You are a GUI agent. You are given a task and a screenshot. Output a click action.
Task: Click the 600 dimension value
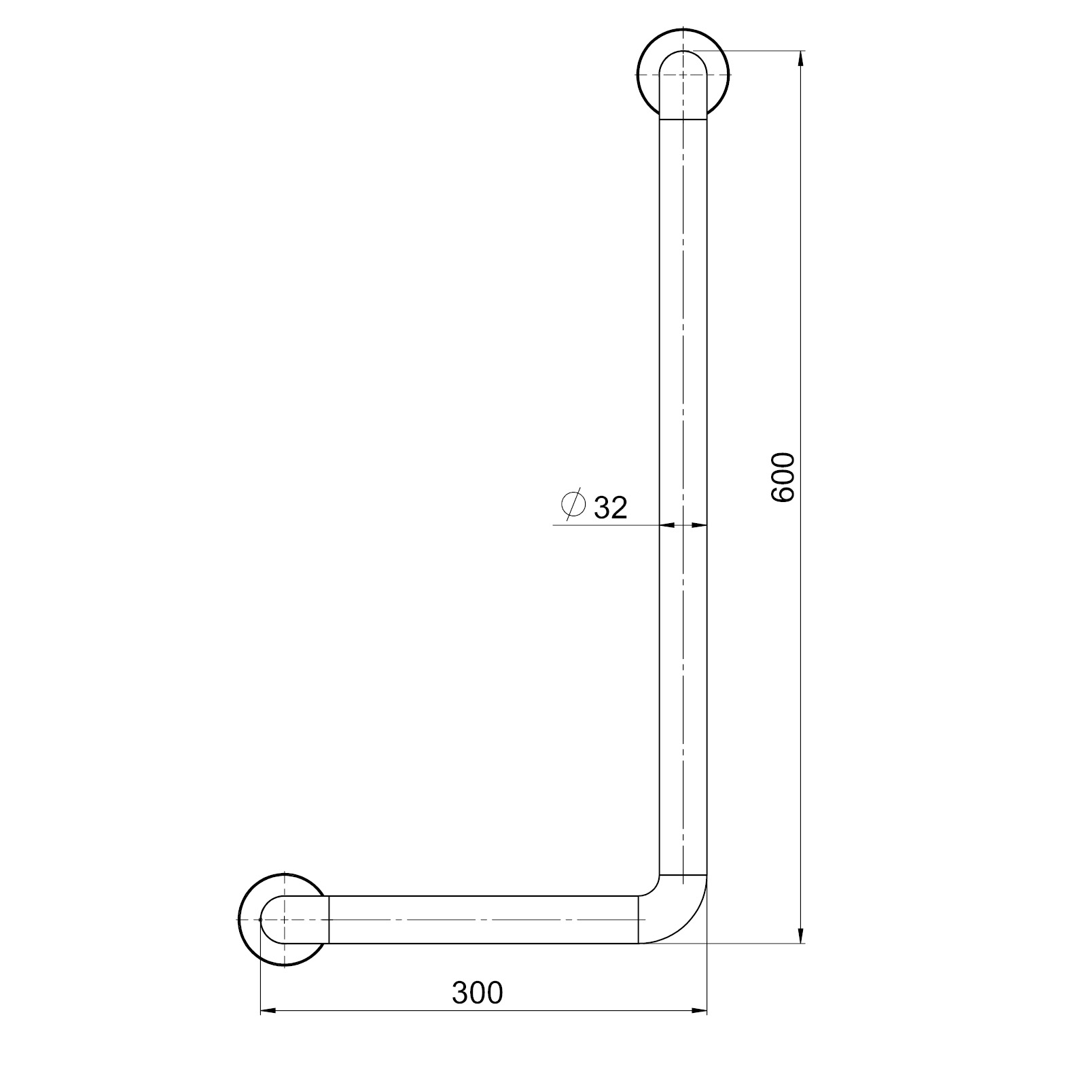tap(783, 477)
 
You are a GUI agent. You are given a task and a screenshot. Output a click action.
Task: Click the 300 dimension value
tap(478, 993)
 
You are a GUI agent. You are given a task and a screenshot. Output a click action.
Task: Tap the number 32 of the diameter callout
tap(611, 507)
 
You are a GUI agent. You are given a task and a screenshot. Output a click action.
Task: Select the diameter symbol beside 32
tap(573, 504)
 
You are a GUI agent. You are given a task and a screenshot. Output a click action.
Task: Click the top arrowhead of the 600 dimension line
tap(801, 58)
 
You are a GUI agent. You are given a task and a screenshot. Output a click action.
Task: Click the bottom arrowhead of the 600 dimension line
tap(801, 935)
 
